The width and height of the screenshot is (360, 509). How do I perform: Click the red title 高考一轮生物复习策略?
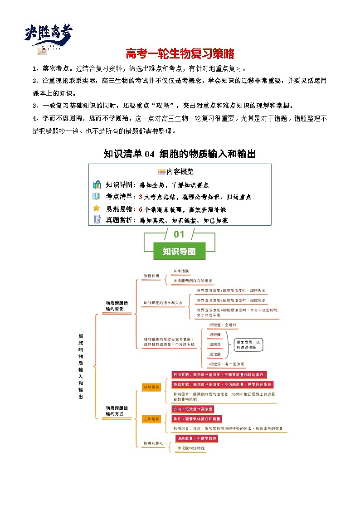coord(180,54)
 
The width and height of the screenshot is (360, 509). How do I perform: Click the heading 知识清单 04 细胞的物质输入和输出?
coord(180,154)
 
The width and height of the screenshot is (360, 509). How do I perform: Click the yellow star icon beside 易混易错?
coord(96,208)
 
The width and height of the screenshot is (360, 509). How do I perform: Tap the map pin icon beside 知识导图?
coord(96,184)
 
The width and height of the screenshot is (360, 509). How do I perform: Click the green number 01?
coord(179,234)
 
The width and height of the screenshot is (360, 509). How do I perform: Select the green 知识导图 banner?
coord(179,251)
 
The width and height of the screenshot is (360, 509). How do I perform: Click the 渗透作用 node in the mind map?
coord(151,276)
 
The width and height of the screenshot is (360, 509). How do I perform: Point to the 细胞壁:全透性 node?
coord(223,325)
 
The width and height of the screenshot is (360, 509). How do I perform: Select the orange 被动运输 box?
coord(151,387)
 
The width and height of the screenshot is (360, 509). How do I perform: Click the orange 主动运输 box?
coord(151,419)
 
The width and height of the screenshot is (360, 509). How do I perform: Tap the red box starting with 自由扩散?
coord(219,375)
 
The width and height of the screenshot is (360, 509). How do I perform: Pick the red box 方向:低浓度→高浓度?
coord(193,409)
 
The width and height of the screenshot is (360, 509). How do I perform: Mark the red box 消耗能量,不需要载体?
coord(197,438)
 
